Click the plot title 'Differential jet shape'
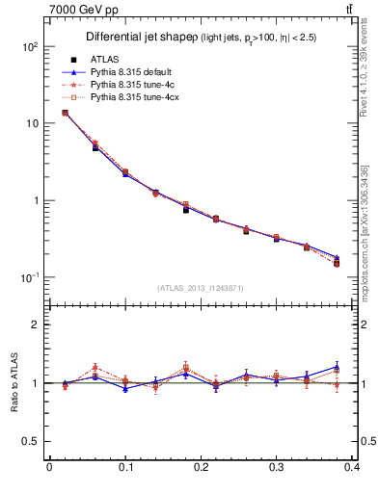[x=139, y=37]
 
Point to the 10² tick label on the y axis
[x=29, y=46]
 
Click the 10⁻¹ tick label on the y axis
[x=29, y=277]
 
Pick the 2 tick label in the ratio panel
[x=36, y=324]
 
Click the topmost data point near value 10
[x=65, y=113]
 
